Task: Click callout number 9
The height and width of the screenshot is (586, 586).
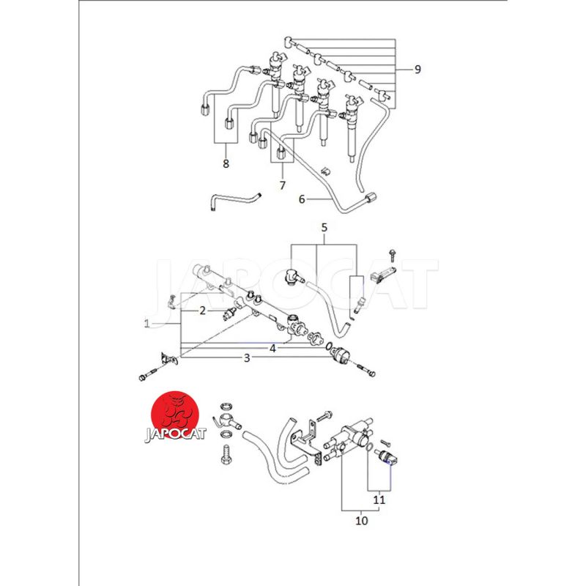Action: (418, 70)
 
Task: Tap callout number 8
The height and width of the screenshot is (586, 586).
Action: (226, 163)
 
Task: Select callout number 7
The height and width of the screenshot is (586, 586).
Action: (283, 185)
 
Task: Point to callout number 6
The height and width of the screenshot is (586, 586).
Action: (302, 199)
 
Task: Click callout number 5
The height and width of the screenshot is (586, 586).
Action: (324, 227)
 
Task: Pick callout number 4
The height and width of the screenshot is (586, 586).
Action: (272, 349)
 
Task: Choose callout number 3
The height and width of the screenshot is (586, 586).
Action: (247, 358)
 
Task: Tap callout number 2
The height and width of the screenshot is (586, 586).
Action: (203, 311)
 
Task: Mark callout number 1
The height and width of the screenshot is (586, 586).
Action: (147, 323)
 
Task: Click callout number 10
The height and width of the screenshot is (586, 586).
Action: (361, 521)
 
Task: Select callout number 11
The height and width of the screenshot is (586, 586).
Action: (379, 500)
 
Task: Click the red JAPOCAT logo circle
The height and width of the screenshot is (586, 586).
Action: (174, 415)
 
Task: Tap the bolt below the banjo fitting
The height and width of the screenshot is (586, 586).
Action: (226, 454)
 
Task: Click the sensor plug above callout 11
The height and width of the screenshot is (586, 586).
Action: (386, 456)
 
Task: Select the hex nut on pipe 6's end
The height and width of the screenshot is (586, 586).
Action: (371, 197)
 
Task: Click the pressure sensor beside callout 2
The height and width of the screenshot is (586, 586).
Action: (229, 314)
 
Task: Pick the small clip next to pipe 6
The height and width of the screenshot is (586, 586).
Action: (325, 170)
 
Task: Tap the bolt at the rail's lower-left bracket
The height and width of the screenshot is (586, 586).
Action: (149, 375)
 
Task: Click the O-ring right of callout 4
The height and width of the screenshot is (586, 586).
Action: (328, 346)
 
